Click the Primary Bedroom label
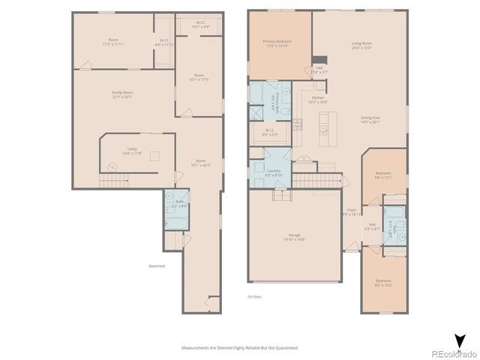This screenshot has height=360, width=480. [277, 43]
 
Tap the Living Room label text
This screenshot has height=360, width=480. [362, 45]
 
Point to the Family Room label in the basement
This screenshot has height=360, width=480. [121, 94]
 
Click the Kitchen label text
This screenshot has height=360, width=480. [318, 100]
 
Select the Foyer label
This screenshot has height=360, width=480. [351, 211]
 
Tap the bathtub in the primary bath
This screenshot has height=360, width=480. [256, 94]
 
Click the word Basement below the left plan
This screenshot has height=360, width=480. [157, 265]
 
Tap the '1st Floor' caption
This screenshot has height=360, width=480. [254, 298]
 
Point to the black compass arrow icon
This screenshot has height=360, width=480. [459, 340]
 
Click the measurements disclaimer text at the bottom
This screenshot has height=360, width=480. [240, 348]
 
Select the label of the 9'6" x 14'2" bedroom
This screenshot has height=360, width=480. [383, 283]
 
